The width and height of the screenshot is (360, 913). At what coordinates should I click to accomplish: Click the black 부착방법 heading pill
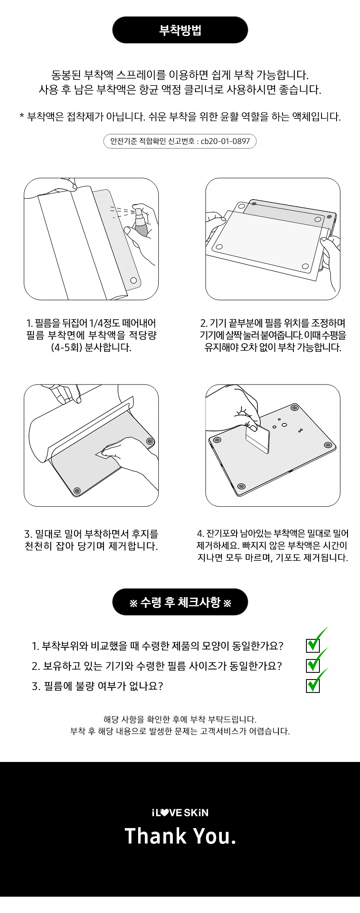[180, 30]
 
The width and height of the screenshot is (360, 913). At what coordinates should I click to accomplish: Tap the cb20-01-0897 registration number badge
[180, 141]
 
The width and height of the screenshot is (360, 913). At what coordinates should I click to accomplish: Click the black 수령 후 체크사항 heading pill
[180, 602]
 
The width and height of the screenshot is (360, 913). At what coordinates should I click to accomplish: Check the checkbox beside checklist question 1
[313, 645]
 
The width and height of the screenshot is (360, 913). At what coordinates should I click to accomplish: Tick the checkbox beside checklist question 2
[313, 665]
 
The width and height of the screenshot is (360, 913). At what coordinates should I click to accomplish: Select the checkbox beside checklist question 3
[313, 685]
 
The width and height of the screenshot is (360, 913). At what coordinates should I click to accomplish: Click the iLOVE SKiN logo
[180, 813]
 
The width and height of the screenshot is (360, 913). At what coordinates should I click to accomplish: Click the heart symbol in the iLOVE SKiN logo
[165, 813]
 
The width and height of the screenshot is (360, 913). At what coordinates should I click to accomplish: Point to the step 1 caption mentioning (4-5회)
[91, 335]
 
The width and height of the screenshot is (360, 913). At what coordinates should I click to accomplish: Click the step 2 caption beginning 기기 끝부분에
[273, 335]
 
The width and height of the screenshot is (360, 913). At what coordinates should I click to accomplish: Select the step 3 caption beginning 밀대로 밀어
[91, 540]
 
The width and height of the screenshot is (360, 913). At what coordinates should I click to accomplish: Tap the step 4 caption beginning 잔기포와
[273, 546]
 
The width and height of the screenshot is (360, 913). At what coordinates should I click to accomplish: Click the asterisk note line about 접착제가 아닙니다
[180, 117]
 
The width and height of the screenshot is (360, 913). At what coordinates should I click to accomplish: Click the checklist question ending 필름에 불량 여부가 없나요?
[97, 686]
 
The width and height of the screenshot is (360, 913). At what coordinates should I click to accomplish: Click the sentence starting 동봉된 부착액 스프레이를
[180, 75]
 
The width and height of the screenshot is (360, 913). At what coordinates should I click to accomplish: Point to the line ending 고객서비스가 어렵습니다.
[180, 731]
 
